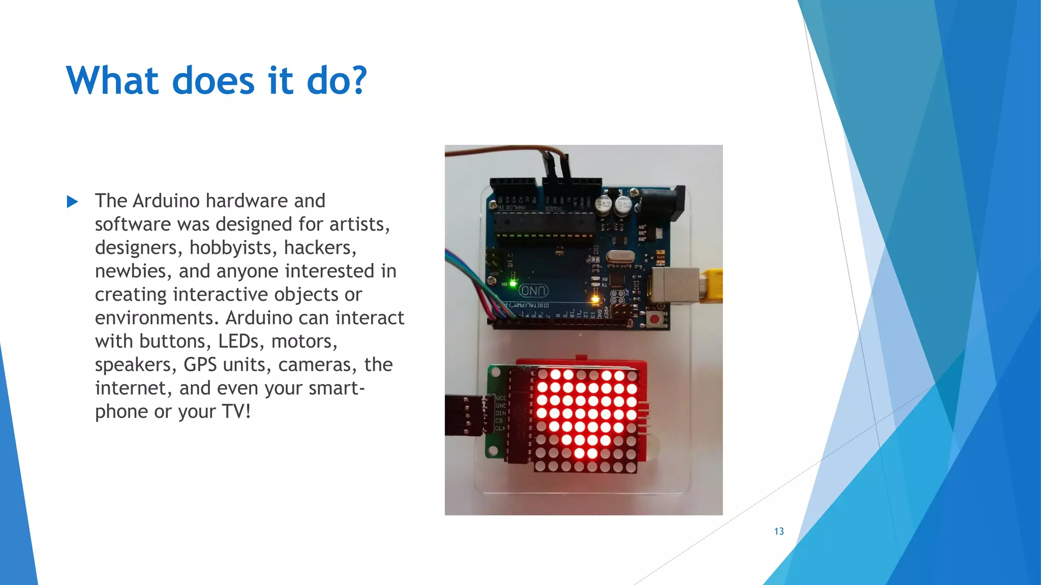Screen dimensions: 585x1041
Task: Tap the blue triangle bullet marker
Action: click(x=73, y=202)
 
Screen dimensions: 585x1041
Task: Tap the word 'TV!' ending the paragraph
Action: click(x=236, y=411)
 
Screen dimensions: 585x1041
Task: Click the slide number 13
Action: click(x=779, y=531)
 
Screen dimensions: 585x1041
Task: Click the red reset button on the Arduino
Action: click(x=656, y=319)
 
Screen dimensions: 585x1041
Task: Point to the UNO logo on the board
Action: click(x=534, y=291)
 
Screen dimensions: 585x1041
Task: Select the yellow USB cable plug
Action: click(x=711, y=286)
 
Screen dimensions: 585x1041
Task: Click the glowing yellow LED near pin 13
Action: click(x=595, y=300)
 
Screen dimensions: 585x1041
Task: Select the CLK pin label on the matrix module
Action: click(x=500, y=429)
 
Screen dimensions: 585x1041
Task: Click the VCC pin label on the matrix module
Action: click(x=501, y=398)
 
